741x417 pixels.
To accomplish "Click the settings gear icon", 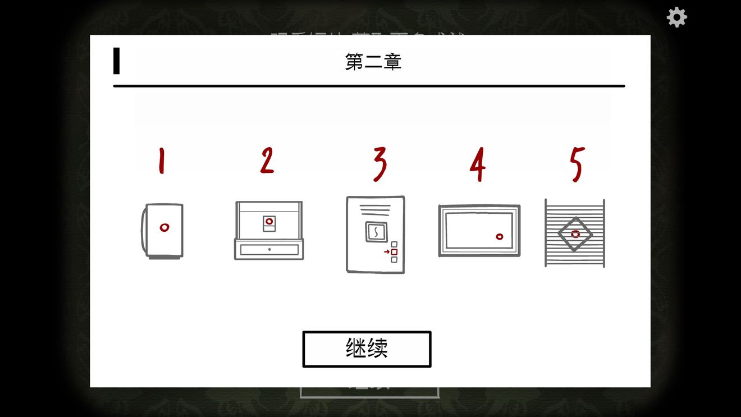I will tap(676, 17).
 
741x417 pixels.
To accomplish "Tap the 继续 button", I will tap(367, 349).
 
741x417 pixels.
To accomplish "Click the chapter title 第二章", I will tap(373, 62).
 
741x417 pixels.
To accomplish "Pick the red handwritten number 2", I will tap(267, 161).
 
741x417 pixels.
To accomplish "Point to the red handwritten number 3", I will tap(380, 163).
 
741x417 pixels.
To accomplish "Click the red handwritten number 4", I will tap(478, 164).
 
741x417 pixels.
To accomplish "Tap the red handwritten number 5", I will tap(577, 164).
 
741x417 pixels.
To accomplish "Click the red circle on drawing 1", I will tap(164, 227).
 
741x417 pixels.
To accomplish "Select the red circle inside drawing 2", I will tap(269, 222).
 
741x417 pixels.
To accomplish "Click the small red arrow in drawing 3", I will tap(387, 252).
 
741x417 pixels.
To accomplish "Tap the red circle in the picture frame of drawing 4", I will tap(499, 236).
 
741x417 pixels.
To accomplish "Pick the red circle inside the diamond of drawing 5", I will tap(575, 234).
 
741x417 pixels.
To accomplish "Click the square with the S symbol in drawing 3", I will tap(376, 231).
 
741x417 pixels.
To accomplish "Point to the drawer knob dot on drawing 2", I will tap(269, 249).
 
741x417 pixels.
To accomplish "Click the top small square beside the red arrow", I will tap(394, 245).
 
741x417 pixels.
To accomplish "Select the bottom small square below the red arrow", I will tap(394, 259).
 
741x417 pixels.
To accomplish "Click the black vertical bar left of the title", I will tap(116, 61).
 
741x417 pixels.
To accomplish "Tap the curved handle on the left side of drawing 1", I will tap(143, 230).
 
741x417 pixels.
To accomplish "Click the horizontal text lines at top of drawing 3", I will tap(376, 209).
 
